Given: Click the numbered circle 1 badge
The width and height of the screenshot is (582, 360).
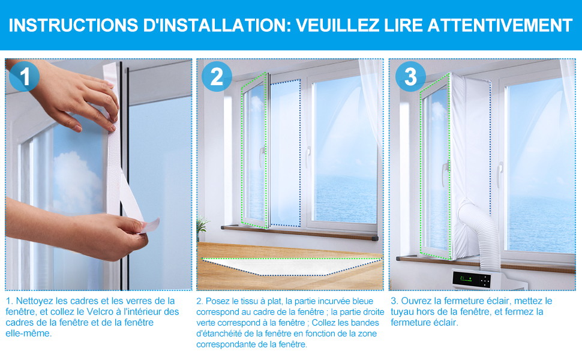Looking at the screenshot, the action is click(x=24, y=76).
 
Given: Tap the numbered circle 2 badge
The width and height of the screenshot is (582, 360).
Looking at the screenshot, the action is click(x=217, y=76).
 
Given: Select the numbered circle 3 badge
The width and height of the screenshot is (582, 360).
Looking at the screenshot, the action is click(x=410, y=76).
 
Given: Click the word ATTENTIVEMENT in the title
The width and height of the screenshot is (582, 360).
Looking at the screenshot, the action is click(x=500, y=25).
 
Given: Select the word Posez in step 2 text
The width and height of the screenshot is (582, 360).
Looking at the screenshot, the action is click(x=216, y=301).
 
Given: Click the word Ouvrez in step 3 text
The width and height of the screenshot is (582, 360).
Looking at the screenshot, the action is click(x=416, y=301).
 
